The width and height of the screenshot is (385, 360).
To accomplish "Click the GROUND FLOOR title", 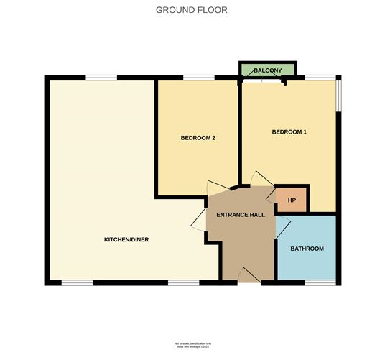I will click(x=192, y=10).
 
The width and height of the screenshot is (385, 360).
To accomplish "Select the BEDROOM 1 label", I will click(x=289, y=131).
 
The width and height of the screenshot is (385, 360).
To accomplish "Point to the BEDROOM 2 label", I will click(x=198, y=138).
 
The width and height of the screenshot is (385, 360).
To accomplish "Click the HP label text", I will click(x=292, y=199).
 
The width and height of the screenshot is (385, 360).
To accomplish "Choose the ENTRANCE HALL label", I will click(x=237, y=214).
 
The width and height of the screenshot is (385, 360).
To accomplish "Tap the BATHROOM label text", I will click(x=307, y=249).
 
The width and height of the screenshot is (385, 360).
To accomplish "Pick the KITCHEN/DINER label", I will click(x=126, y=239).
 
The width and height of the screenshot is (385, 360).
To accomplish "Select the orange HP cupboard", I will click(x=292, y=199).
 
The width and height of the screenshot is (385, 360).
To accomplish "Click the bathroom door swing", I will click(x=282, y=229).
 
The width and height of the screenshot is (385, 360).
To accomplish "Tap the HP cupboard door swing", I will click(x=271, y=192).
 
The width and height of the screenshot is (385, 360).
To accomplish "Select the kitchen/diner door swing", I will click(x=199, y=219).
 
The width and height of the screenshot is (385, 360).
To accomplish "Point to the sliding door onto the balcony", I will click(x=263, y=80).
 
